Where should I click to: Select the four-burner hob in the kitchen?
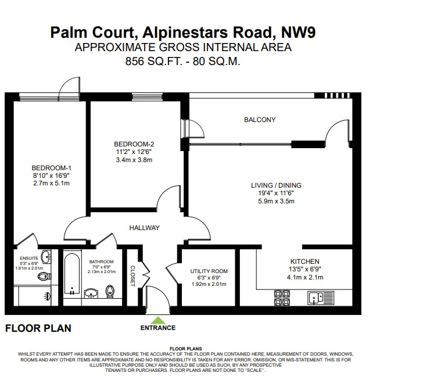[x=282, y=298]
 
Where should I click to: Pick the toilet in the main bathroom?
[x=111, y=290]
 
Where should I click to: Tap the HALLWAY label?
[x=144, y=228]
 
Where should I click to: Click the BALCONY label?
[x=259, y=120]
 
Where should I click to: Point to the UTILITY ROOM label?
[x=209, y=271]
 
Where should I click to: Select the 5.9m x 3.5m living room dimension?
[x=277, y=202]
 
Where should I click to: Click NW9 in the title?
[x=298, y=31]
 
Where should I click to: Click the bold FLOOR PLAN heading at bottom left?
[x=38, y=328]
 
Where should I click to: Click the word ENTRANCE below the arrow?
[x=157, y=328]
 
